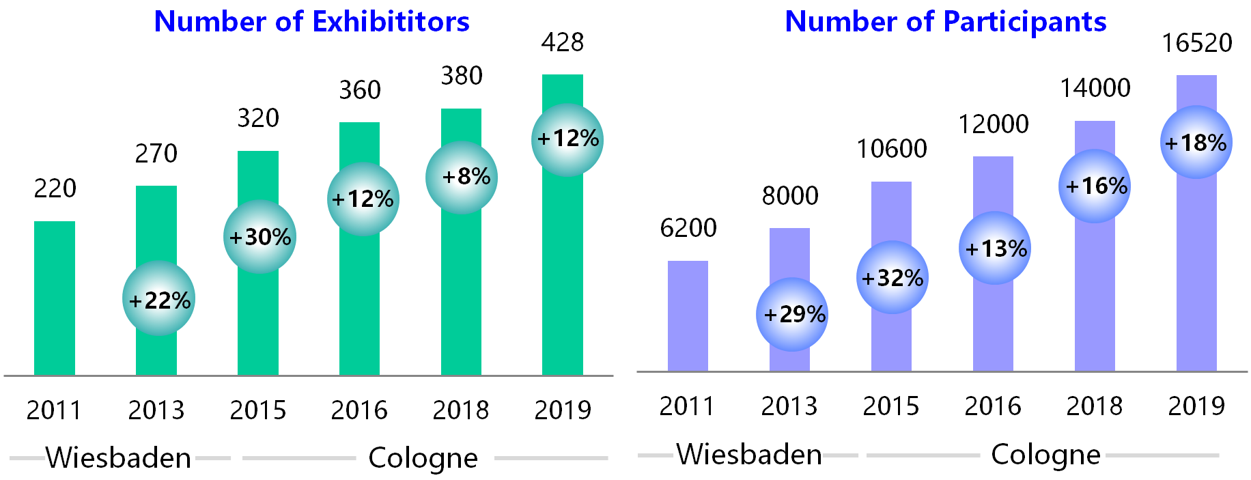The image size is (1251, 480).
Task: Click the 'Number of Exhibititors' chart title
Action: pos(311,22)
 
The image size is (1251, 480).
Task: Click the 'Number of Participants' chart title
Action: pos(945,22)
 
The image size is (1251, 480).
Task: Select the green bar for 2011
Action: pos(55,298)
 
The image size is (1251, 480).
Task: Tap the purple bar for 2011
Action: pos(688,316)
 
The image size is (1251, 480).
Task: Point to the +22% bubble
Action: pos(159,299)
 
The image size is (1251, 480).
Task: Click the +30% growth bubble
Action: pos(260,237)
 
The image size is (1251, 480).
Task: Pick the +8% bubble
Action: pos(462,178)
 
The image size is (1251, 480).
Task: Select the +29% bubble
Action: pos(793,314)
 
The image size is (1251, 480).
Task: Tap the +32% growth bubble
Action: pos(892,278)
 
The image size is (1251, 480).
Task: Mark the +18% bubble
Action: pos(1196,143)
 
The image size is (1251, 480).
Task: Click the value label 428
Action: pos(563,43)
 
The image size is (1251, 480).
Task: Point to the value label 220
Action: pos(55,188)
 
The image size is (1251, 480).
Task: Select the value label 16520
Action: pos(1197,44)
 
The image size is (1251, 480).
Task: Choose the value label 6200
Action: pos(688,228)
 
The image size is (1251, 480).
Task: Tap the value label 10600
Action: pos(892,149)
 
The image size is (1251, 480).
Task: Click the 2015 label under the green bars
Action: pos(258,410)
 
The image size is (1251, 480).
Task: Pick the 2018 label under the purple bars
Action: pos(1095,406)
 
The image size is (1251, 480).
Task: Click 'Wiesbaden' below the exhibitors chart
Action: pos(118,457)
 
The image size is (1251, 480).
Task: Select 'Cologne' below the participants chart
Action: pos(1045,454)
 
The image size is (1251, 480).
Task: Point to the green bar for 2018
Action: pos(462,294)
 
